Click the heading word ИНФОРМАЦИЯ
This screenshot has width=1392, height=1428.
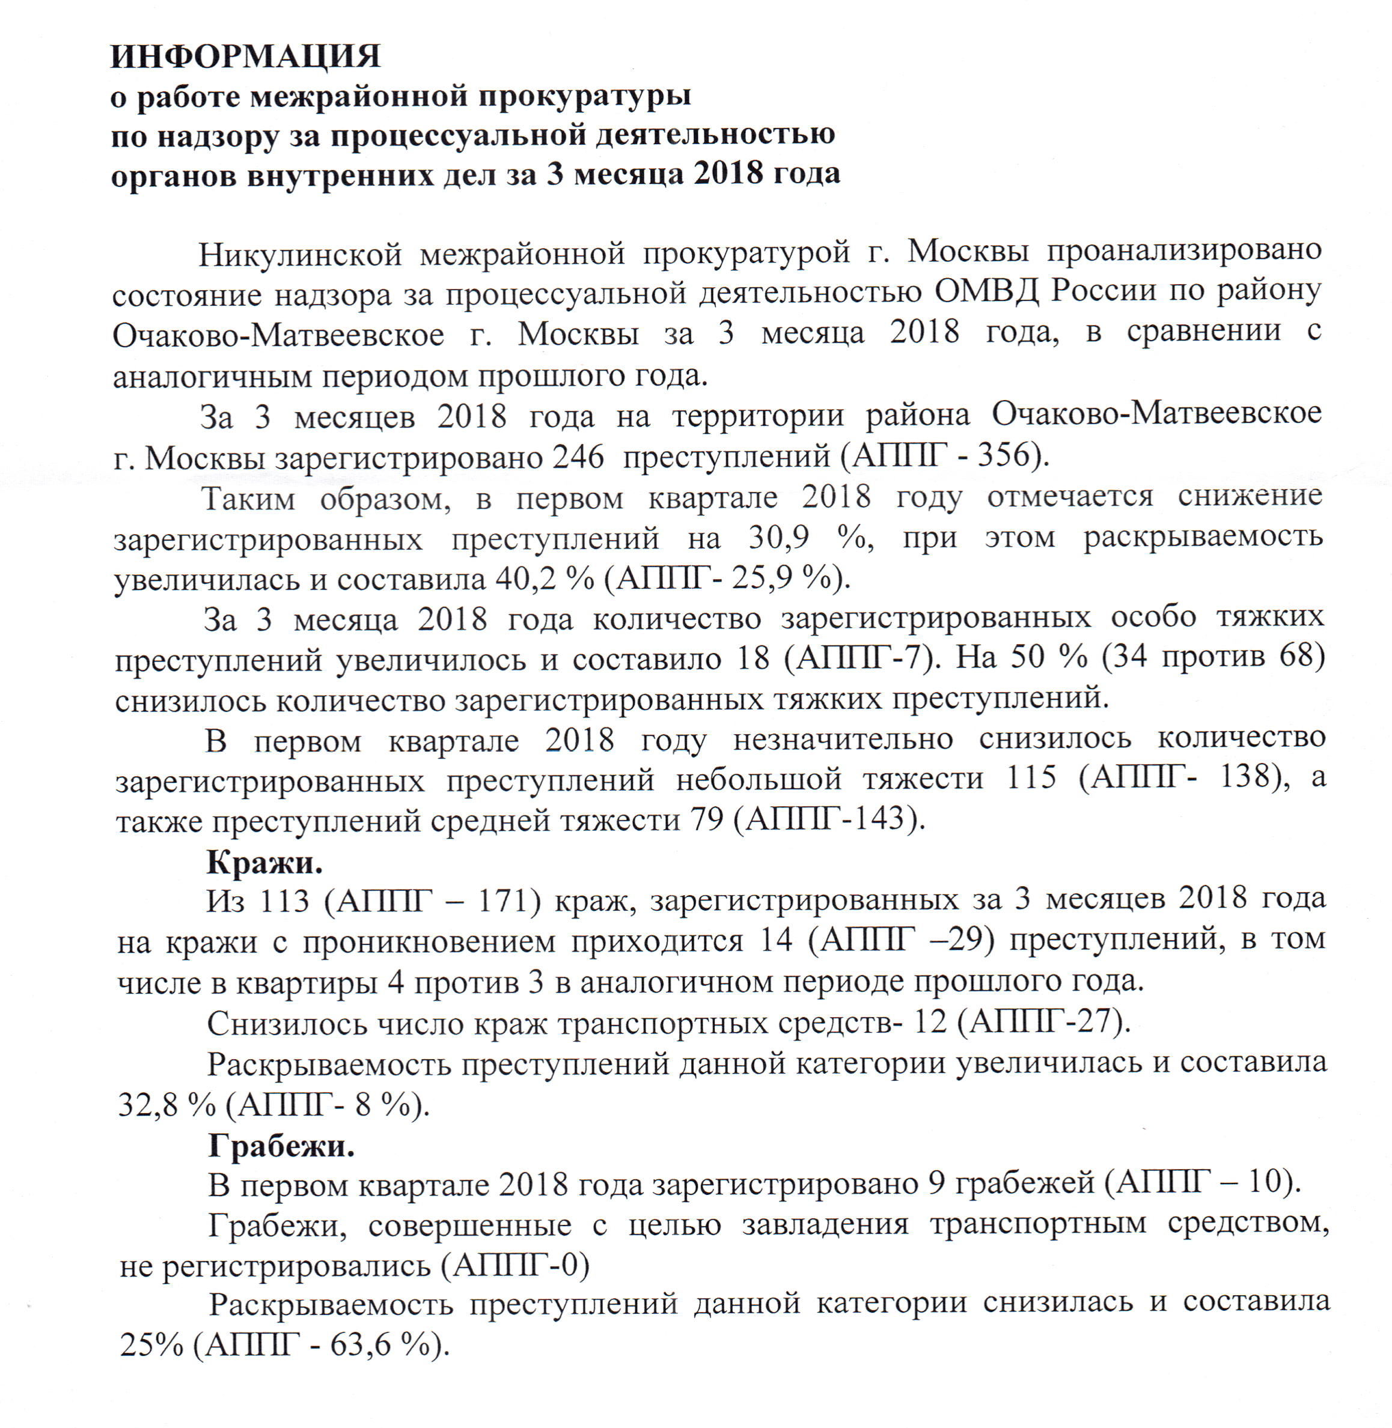[x=246, y=56]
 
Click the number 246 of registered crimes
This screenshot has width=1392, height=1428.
[x=578, y=457]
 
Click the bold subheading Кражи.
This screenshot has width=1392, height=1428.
[x=264, y=862]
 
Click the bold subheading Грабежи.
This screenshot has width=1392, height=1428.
[x=281, y=1145]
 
